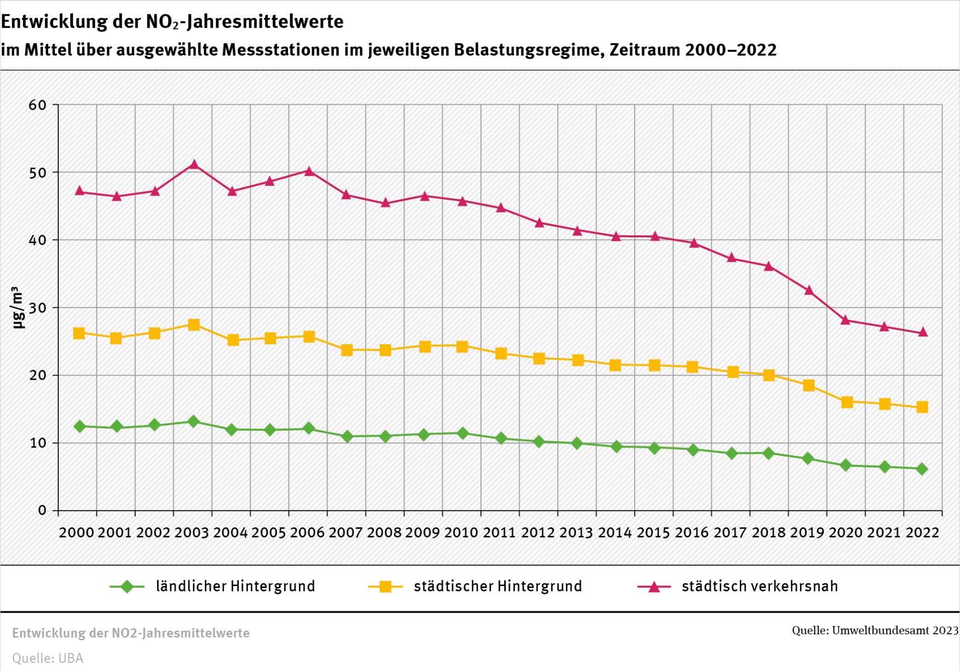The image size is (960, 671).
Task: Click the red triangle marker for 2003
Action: (x=194, y=164)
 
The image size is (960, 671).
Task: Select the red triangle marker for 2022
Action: (x=923, y=332)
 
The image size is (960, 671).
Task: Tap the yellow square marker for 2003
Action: (x=194, y=325)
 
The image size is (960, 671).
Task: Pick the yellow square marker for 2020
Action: (x=847, y=402)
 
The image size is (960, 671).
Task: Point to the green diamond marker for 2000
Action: (x=79, y=426)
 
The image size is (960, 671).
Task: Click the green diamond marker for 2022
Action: (x=921, y=469)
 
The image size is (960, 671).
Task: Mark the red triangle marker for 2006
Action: (x=309, y=171)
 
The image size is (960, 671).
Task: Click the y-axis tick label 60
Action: (x=37, y=105)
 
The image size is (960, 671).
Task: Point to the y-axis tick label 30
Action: (x=37, y=308)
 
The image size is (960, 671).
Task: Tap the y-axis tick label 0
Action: (x=42, y=510)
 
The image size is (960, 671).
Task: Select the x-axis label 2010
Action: (x=461, y=533)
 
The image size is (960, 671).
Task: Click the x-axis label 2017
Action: (x=730, y=533)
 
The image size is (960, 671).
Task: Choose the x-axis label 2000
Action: (x=76, y=533)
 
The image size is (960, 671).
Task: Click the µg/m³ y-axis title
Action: (x=17, y=308)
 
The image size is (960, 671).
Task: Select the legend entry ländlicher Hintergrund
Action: (x=235, y=587)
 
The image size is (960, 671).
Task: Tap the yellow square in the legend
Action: (x=385, y=587)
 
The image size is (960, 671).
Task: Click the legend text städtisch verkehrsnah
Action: (x=760, y=587)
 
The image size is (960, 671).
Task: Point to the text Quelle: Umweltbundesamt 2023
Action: (x=875, y=631)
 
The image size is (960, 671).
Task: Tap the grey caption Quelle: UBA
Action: (x=48, y=658)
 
